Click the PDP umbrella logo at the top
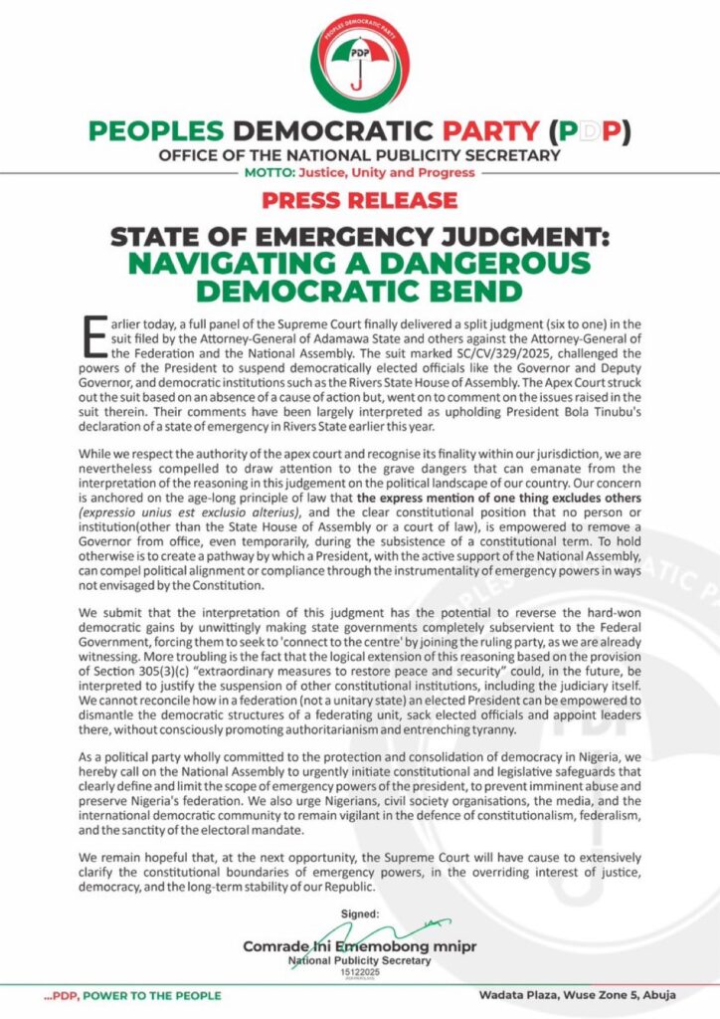tap(359, 59)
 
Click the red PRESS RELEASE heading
tap(359, 200)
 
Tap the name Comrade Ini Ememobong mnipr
tap(359, 946)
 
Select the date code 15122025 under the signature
tap(359, 972)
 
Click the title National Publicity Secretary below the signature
tap(359, 960)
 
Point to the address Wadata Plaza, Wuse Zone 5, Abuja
tap(580, 996)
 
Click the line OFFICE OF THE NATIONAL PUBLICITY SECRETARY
tap(359, 156)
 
